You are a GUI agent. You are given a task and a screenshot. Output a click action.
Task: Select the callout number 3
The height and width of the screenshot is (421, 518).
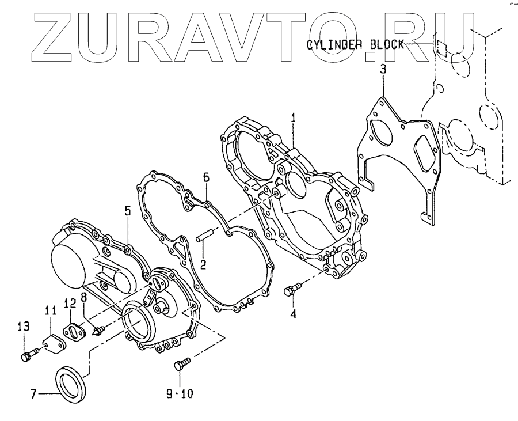coord(382,70)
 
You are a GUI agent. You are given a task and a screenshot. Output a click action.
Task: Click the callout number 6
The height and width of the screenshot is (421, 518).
coord(205,178)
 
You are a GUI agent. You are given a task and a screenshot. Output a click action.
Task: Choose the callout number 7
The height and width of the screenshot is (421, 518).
coord(35,395)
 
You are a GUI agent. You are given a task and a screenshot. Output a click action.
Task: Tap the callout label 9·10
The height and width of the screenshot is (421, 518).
coord(179,395)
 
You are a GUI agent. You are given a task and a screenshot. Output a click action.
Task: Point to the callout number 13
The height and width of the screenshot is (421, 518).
coord(23,327)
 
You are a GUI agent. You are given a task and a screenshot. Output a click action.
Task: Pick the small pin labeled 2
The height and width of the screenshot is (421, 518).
coord(207,236)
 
